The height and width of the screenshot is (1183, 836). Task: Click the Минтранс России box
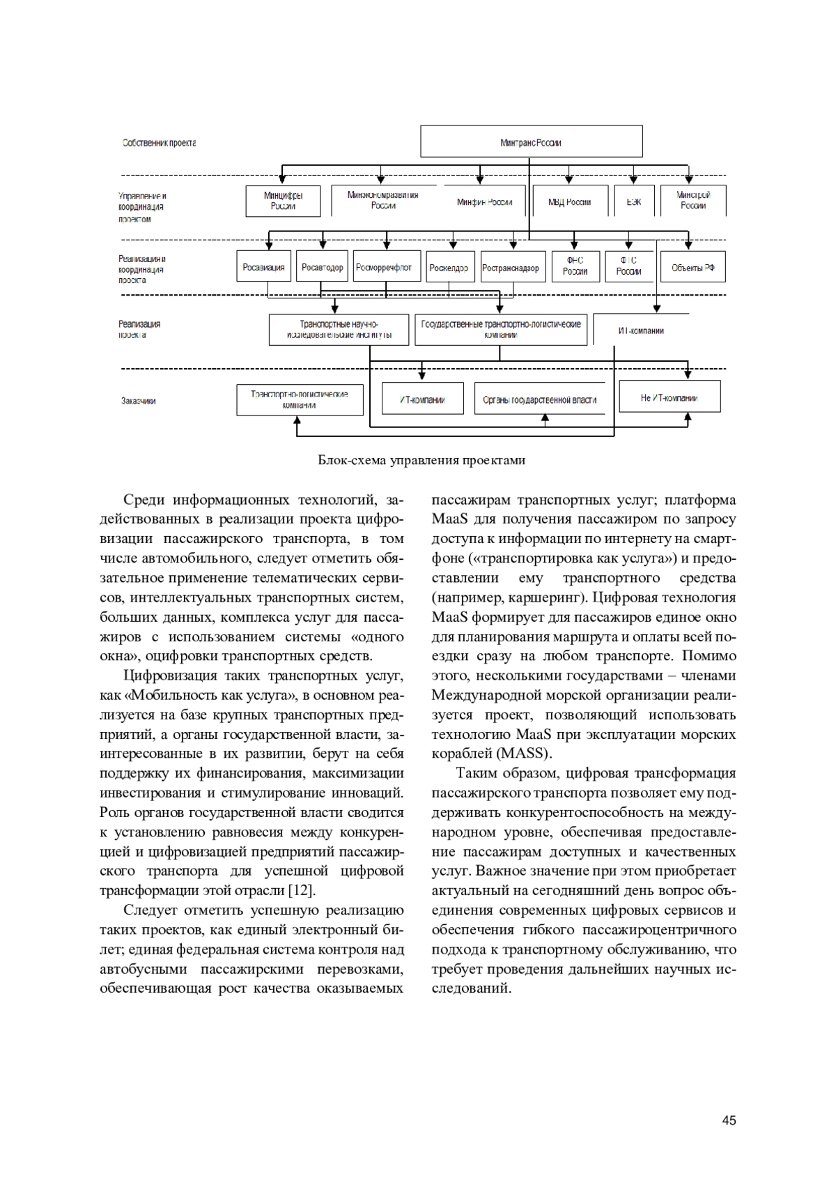click(x=531, y=142)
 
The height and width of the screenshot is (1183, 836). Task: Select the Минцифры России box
click(x=283, y=201)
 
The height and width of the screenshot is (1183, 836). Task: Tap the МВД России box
click(x=569, y=201)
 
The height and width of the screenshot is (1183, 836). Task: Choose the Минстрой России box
click(x=693, y=201)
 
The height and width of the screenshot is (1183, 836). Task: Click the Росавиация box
click(x=263, y=267)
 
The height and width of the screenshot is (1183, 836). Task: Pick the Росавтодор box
click(x=322, y=267)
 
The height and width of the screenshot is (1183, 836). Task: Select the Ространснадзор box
click(x=511, y=267)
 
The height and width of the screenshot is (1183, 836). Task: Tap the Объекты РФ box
click(x=692, y=267)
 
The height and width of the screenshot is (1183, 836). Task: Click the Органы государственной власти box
click(x=539, y=399)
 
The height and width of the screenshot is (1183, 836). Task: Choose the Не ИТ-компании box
click(x=669, y=397)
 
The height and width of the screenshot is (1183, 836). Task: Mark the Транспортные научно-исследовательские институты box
click(x=339, y=330)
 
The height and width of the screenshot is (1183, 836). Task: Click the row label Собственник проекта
click(x=159, y=143)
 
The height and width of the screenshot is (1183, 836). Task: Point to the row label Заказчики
click(x=139, y=401)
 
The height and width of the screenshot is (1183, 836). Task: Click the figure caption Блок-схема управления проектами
click(x=421, y=460)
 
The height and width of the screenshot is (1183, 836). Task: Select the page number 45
click(x=729, y=1120)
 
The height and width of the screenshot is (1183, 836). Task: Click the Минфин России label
click(x=484, y=202)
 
